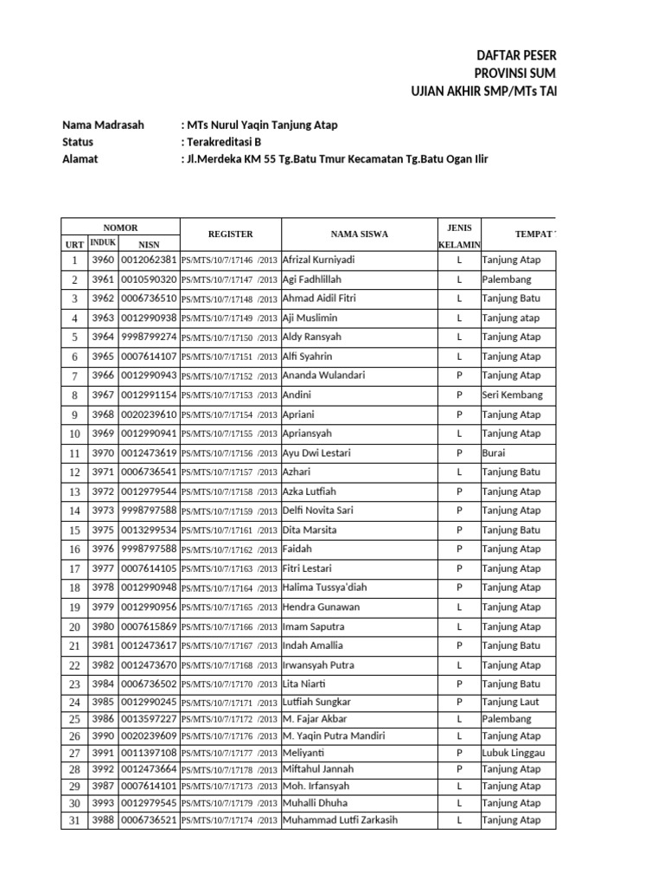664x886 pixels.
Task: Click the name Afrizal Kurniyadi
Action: (x=319, y=260)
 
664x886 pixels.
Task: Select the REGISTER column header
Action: (x=230, y=234)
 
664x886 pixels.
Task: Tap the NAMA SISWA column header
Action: (x=359, y=234)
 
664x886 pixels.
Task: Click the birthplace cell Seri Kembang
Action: (x=513, y=395)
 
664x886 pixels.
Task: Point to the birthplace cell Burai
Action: (x=494, y=453)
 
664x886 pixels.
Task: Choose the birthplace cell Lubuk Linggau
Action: (x=514, y=753)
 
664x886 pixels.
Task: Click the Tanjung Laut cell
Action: (x=511, y=702)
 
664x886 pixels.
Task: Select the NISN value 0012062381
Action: (x=149, y=260)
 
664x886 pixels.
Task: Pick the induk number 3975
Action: (x=103, y=530)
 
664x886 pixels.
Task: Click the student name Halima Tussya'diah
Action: (x=324, y=587)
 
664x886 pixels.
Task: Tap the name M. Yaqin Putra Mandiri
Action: (x=333, y=735)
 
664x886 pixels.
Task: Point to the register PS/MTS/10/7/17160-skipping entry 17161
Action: (x=230, y=530)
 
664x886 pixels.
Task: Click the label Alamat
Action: (x=80, y=158)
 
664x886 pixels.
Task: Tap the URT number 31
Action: (x=74, y=820)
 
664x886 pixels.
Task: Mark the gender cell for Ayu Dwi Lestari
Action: (x=460, y=453)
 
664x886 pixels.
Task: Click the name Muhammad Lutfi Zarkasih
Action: (x=340, y=820)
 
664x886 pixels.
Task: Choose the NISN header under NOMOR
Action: (x=149, y=245)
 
